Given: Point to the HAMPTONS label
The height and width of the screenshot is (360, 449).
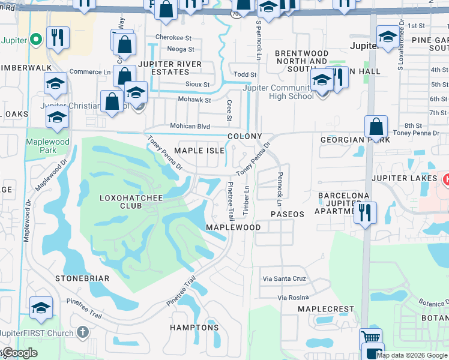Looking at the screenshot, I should (194, 328).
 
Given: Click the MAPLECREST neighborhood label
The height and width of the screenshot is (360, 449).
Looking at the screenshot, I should (326, 308).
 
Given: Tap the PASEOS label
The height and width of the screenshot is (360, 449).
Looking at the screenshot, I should (288, 214).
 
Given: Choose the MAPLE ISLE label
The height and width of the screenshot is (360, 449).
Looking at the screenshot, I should (199, 150).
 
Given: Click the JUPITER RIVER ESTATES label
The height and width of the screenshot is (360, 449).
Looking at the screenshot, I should (170, 68).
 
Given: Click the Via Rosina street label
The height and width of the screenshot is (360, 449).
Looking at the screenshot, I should (293, 297).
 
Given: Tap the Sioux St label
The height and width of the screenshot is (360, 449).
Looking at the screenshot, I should (198, 85).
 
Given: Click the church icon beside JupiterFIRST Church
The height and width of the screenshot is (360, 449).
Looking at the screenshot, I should (83, 332).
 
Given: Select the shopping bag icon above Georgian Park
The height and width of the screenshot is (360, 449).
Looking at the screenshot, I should (376, 127).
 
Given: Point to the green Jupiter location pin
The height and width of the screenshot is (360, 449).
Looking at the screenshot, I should (35, 40).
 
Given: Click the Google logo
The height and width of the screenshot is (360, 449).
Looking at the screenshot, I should (20, 353).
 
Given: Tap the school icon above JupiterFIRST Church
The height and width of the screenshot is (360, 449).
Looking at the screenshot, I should (41, 308).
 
